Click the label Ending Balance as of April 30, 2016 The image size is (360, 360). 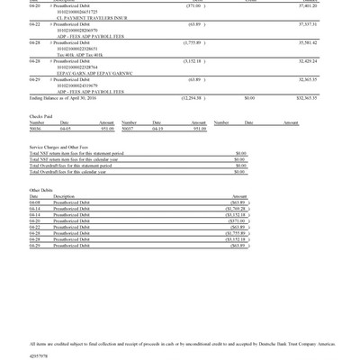[x=62, y=97]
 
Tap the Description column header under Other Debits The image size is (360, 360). [x=64, y=196]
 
